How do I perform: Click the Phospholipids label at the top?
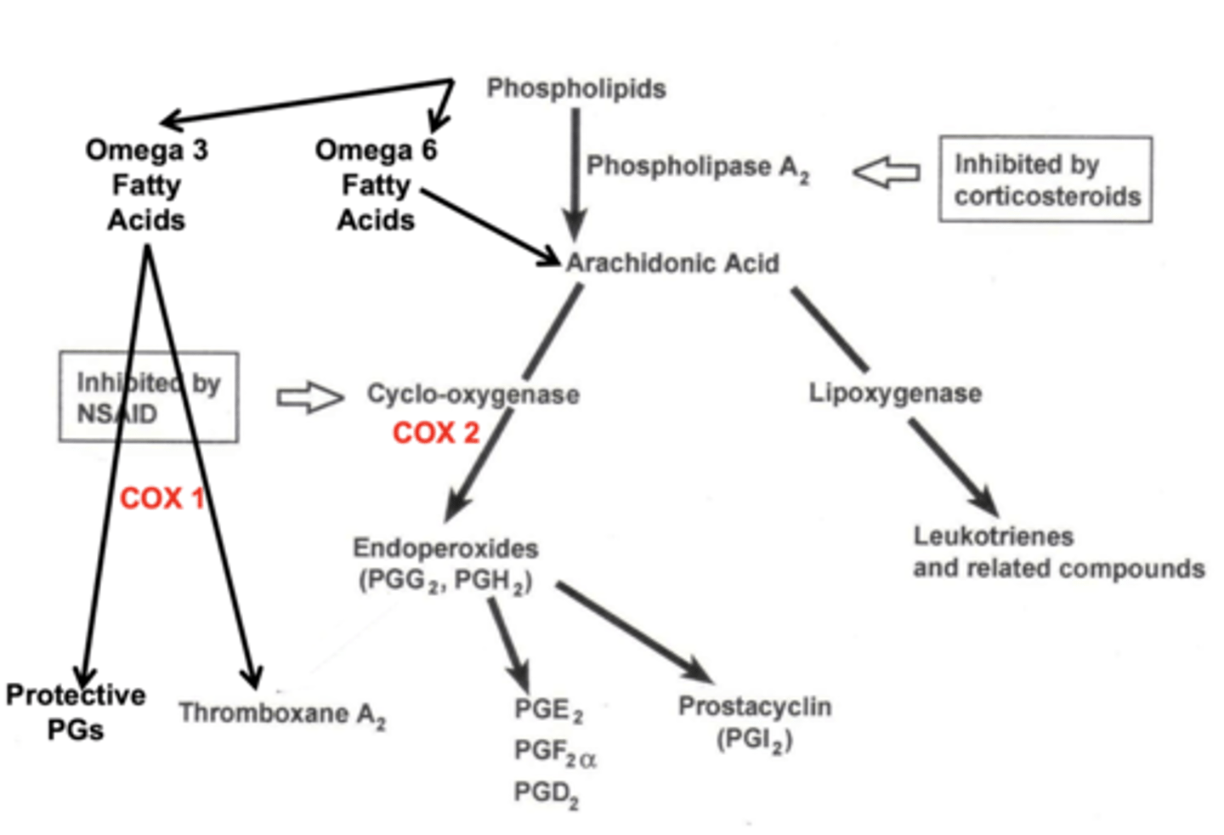(x=575, y=88)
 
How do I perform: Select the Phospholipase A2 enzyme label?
(x=697, y=168)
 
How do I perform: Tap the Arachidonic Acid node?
(x=672, y=264)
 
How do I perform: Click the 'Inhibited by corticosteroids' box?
(x=1045, y=179)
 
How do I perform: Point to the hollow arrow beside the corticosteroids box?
(x=887, y=173)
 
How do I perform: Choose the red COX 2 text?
(x=436, y=433)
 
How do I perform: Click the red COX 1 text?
(x=161, y=498)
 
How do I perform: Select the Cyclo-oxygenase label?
(x=473, y=395)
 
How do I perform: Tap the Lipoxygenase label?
(x=895, y=393)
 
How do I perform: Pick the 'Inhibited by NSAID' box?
(x=149, y=398)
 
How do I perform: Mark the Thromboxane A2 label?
(x=281, y=714)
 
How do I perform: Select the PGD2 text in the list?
(x=546, y=793)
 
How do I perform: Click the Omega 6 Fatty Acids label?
(x=376, y=185)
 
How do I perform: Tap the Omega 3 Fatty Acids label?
(x=146, y=185)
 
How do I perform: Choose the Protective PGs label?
(x=76, y=713)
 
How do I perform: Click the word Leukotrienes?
(x=993, y=537)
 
